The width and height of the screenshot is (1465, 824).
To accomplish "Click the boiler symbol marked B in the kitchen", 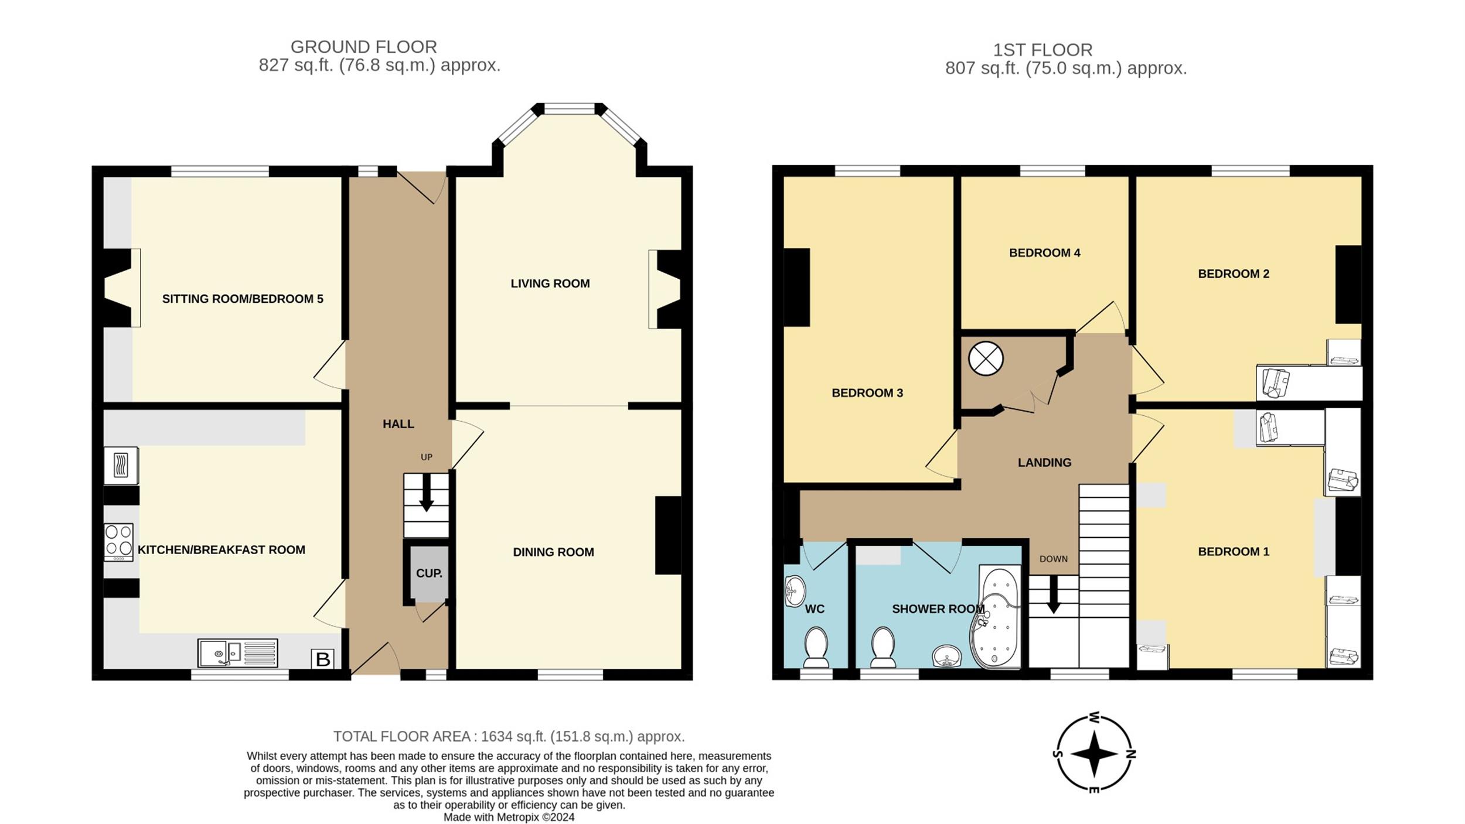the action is [322, 659].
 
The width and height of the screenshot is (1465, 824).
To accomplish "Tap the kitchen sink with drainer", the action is [238, 653].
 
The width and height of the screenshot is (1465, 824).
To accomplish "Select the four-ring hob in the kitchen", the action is [118, 542].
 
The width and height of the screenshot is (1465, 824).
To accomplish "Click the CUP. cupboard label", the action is [429, 573].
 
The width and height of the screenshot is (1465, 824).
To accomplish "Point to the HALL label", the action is [398, 424].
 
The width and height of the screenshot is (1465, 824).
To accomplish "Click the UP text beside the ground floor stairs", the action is [427, 457].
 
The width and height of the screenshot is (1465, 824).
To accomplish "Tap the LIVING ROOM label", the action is [550, 283].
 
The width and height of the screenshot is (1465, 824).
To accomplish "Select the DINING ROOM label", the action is [553, 552].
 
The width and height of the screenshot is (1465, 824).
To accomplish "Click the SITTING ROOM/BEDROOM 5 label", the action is [243, 299].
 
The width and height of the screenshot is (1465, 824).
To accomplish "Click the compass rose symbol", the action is [1094, 753].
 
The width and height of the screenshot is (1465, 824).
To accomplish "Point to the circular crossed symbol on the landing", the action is [986, 358].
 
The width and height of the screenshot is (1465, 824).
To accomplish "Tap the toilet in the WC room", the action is [815, 648].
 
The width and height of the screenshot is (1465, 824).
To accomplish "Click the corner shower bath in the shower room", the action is [996, 617].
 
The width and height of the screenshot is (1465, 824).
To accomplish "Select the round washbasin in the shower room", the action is [946, 656].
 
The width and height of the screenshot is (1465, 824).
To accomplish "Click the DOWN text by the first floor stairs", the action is [1054, 559].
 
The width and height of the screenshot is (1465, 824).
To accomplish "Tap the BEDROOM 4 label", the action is [1044, 253].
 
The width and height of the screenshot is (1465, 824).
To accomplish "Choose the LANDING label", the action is [1044, 463].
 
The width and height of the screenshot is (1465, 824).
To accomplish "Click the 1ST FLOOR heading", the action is [1043, 50].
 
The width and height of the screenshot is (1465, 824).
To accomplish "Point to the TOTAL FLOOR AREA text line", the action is [509, 736].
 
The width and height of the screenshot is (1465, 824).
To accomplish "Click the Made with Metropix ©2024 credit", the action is [509, 817].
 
